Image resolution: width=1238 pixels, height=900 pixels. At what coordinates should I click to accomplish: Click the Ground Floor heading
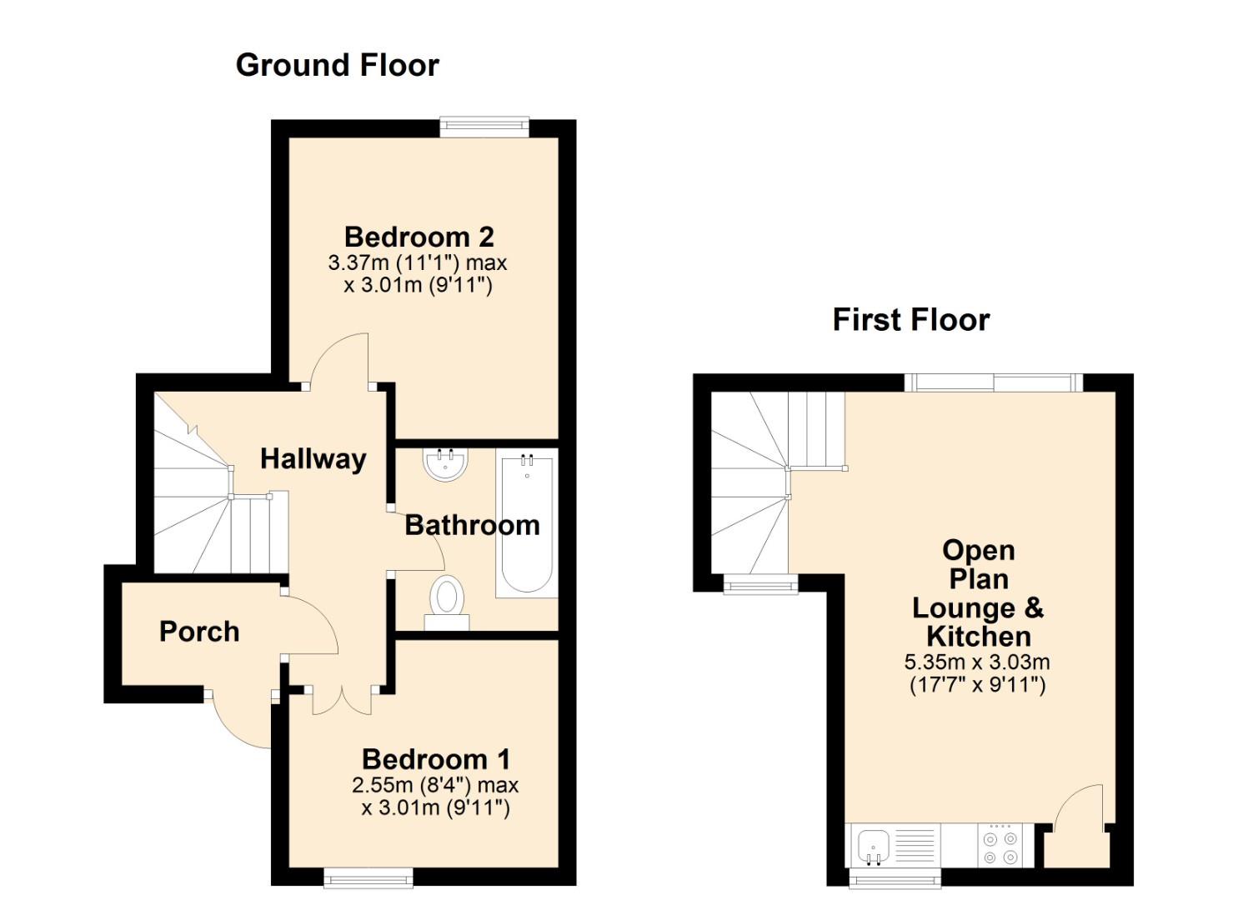tap(337, 65)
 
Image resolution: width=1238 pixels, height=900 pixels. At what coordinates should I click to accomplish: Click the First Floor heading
tap(911, 321)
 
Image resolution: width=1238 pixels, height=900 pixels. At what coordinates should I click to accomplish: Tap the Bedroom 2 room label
tap(419, 237)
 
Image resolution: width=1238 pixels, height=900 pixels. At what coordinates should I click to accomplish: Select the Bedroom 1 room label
tap(436, 759)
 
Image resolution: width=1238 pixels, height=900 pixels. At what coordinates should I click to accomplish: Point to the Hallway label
tap(313, 459)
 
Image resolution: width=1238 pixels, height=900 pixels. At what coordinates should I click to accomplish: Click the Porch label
tap(199, 632)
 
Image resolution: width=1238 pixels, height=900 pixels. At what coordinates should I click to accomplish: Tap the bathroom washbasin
tap(445, 464)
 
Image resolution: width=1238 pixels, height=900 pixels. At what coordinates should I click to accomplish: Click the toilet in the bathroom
tap(447, 602)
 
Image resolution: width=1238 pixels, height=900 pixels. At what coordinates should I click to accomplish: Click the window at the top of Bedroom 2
tap(484, 127)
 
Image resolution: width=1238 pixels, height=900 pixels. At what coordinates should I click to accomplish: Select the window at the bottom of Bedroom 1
tap(368, 877)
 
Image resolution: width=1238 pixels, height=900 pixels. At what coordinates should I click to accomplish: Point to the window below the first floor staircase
tap(761, 584)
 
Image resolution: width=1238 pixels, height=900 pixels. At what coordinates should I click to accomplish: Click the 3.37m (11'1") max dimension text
tap(418, 262)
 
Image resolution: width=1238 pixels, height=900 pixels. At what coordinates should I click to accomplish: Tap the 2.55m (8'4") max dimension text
tap(435, 784)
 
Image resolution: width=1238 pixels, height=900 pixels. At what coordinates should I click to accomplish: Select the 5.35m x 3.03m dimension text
tap(977, 662)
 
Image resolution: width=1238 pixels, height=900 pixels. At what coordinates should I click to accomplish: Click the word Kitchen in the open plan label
tap(978, 637)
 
